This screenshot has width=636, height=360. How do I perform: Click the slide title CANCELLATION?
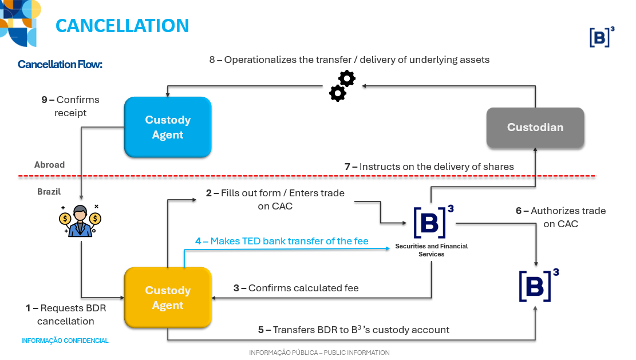click(x=122, y=26)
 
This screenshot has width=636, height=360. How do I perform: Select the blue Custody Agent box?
click(x=168, y=127)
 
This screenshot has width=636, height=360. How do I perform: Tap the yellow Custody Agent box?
click(x=168, y=298)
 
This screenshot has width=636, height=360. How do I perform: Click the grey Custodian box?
click(x=535, y=128)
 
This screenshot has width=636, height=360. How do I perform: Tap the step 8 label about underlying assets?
click(x=349, y=60)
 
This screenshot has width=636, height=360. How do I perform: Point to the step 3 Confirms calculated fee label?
click(x=296, y=288)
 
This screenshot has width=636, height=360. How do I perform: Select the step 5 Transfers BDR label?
click(x=353, y=330)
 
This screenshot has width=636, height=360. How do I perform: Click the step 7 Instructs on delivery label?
click(x=429, y=167)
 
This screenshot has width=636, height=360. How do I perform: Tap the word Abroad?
click(x=49, y=165)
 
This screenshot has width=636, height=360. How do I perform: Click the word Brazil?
click(x=49, y=192)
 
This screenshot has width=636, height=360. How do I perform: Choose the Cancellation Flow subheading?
click(x=60, y=65)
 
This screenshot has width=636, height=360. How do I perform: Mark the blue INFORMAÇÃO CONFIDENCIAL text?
click(x=65, y=341)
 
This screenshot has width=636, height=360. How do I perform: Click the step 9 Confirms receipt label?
click(x=70, y=106)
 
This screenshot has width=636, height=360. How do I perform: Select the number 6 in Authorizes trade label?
click(x=519, y=211)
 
